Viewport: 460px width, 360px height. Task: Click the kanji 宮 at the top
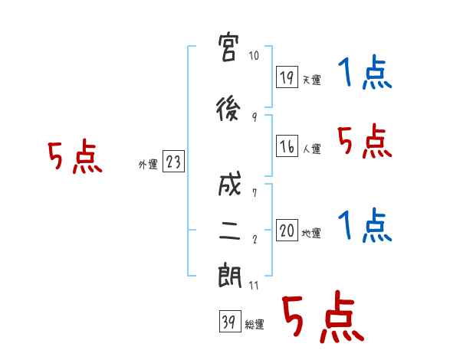[x=228, y=47]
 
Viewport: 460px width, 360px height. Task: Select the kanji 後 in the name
[x=228, y=110]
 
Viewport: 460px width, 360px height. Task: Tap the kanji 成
[x=229, y=184]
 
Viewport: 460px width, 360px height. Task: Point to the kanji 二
[x=230, y=230]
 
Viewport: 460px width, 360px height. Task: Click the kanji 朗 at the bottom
[x=230, y=277]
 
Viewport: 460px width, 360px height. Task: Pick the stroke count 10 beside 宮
[x=254, y=55]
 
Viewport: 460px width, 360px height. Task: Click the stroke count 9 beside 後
[x=255, y=117]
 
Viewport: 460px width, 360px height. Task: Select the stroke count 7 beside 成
[x=255, y=193]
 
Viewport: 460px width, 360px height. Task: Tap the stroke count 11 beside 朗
[x=254, y=285]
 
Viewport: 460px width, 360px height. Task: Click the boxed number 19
[x=287, y=77]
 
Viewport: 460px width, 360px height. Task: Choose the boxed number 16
[x=287, y=146]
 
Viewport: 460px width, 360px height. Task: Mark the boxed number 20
[x=287, y=230]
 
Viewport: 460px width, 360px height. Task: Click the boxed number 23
[x=173, y=161]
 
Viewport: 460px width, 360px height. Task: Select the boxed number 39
[x=230, y=321]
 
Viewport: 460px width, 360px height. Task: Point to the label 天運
[x=311, y=80]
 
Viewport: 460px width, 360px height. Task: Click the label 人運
[x=311, y=149]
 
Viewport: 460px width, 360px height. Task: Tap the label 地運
[x=311, y=233]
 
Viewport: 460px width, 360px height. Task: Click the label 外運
[x=148, y=165]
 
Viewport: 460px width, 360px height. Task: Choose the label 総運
[x=255, y=324]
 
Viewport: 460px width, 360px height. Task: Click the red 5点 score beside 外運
[x=75, y=156]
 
